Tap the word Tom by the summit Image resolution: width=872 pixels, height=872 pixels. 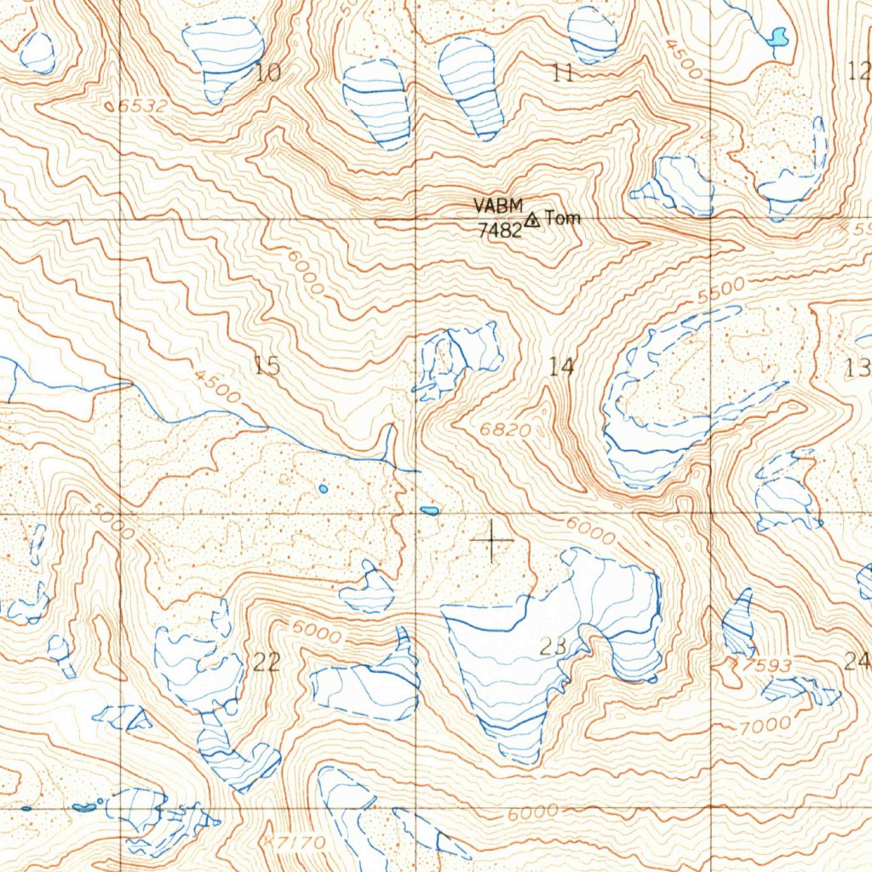click(x=563, y=218)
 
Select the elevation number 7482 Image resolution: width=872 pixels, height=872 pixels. click(x=498, y=230)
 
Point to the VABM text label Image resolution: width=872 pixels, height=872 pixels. click(x=495, y=206)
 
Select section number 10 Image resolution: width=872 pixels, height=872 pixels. click(x=267, y=72)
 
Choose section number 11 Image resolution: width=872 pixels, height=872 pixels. click(x=562, y=72)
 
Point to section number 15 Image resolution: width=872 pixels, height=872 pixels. click(x=267, y=366)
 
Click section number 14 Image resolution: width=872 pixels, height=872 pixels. click(x=561, y=367)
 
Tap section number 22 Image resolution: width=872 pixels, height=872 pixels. click(x=267, y=662)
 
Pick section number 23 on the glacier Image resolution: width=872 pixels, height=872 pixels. click(x=554, y=646)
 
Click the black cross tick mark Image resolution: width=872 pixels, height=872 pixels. click(x=492, y=540)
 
